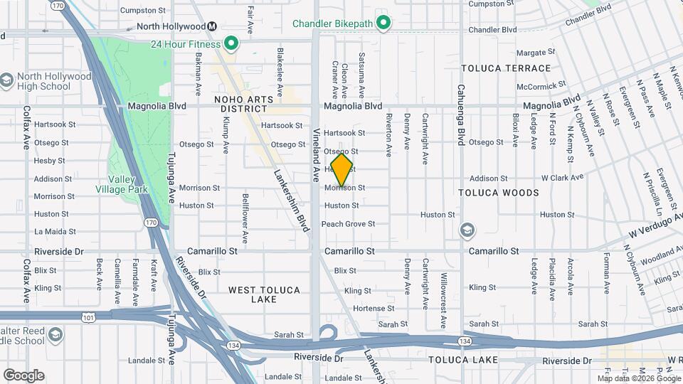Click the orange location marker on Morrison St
tap(342, 170)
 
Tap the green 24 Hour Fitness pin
tap(231, 44)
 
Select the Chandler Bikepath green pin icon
tap(383, 24)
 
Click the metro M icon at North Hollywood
tap(211, 27)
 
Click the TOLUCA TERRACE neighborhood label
tap(505, 68)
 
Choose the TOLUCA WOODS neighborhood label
tap(498, 193)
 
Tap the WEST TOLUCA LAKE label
tap(264, 295)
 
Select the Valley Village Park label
tap(122, 185)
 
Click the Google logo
tap(23, 375)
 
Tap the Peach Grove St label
tap(348, 224)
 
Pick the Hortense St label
tap(369, 309)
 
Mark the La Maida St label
tap(50, 232)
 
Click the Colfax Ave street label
tap(26, 127)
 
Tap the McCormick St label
tap(541, 87)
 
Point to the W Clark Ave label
tap(562, 177)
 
